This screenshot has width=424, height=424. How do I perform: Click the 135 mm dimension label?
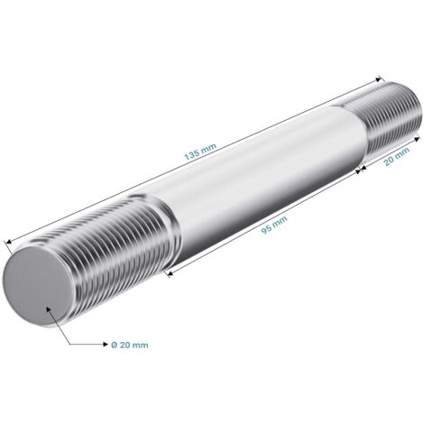[x=200, y=152]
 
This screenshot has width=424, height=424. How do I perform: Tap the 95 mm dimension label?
[x=273, y=225]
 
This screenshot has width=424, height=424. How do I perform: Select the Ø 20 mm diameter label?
[x=130, y=345]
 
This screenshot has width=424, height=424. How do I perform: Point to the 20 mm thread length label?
[x=397, y=156]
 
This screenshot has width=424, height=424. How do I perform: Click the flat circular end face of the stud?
[x=38, y=287]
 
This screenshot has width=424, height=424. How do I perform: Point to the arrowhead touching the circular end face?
[x=49, y=309]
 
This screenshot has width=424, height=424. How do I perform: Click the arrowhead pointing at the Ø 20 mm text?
[x=105, y=345]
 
